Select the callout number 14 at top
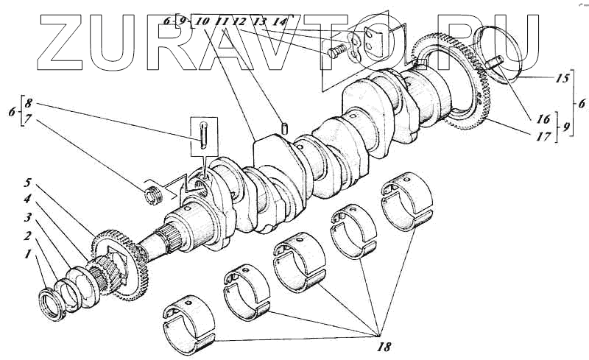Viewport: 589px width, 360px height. point(278,22)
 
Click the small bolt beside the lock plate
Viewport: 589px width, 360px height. point(336,51)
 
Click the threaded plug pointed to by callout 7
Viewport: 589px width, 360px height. point(154,196)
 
